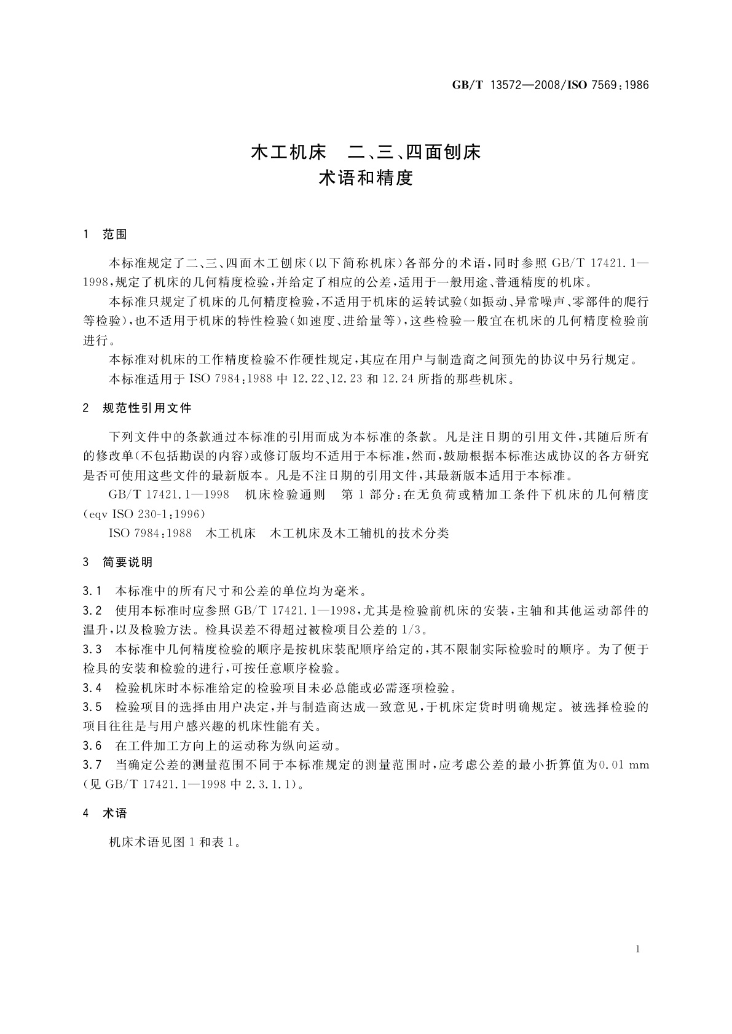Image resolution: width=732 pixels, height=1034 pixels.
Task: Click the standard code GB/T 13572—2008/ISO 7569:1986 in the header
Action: [550, 85]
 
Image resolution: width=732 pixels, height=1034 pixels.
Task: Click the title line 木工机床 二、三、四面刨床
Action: [366, 152]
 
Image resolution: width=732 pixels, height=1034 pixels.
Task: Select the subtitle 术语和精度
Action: [366, 179]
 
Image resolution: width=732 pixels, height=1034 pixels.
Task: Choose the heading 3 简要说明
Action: [117, 562]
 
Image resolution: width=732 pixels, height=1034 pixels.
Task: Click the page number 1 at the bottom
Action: [638, 949]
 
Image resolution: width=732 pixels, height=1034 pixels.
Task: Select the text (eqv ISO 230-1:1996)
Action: [144, 513]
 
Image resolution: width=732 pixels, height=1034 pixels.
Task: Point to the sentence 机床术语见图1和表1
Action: [174, 843]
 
